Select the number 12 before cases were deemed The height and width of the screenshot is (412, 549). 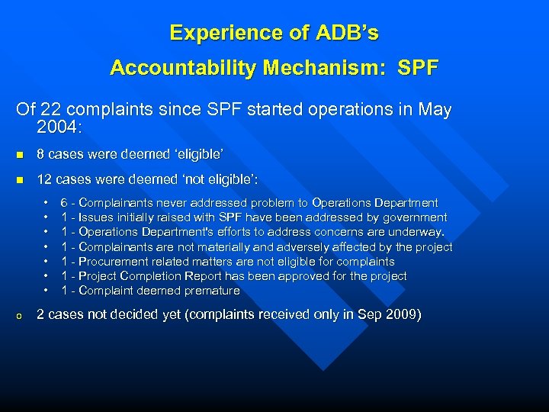tap(45, 180)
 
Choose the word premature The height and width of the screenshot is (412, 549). tap(211, 291)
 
